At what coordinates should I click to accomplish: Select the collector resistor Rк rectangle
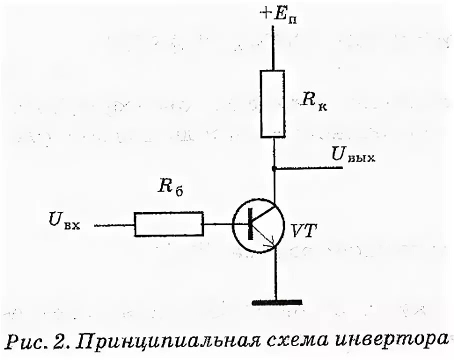point(273,103)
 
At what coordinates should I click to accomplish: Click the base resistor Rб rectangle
point(168,223)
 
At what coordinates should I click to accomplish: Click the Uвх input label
point(64,220)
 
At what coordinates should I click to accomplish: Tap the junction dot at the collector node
point(274,168)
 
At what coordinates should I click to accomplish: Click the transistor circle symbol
point(258,224)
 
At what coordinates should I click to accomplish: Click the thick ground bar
point(277,302)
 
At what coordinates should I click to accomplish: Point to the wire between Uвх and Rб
point(114,224)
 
